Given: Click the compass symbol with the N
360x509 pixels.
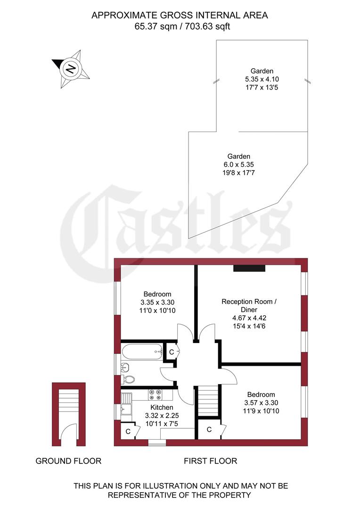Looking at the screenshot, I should click(71, 69).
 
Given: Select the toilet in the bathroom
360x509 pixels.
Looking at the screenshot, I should click(129, 379).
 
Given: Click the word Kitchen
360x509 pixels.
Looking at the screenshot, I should click(162, 407).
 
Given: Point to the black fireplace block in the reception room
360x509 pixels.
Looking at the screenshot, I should click(249, 268).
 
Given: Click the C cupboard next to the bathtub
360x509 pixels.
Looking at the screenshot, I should click(172, 352).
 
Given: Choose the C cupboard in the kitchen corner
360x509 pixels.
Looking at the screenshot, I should click(127, 431).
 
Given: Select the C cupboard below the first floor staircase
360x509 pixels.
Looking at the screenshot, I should click(209, 429).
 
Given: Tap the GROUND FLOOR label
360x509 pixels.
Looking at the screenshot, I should click(68, 461).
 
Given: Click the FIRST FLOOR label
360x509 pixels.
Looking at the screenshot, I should click(210, 461).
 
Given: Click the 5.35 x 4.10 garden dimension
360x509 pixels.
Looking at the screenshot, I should click(262, 79).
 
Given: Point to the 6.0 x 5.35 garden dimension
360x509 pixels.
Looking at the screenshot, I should click(238, 164).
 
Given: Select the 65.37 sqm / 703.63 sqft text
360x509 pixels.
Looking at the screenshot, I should click(180, 26).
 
